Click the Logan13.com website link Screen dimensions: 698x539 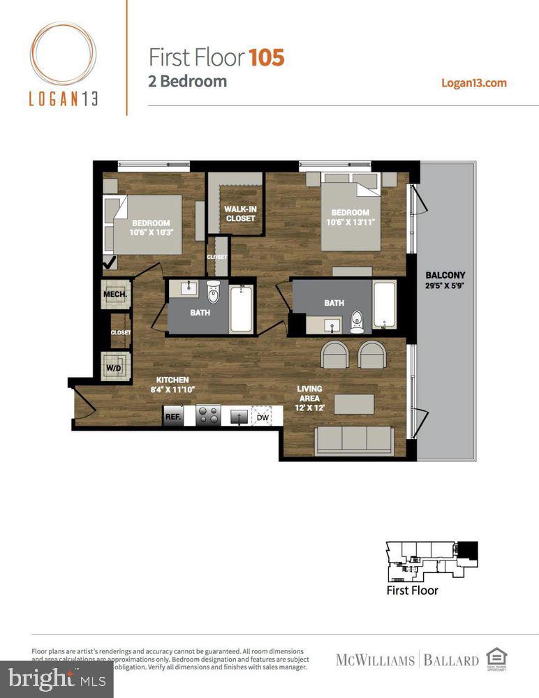click(474, 82)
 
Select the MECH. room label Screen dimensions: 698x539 click(115, 295)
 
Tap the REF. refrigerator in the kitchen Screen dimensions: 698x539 click(172, 417)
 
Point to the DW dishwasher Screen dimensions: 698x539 click(263, 417)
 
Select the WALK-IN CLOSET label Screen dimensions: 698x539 click(239, 214)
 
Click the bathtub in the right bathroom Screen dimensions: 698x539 click(383, 304)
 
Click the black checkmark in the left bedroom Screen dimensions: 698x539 click(110, 263)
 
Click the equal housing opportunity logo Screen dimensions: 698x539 click(496, 658)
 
